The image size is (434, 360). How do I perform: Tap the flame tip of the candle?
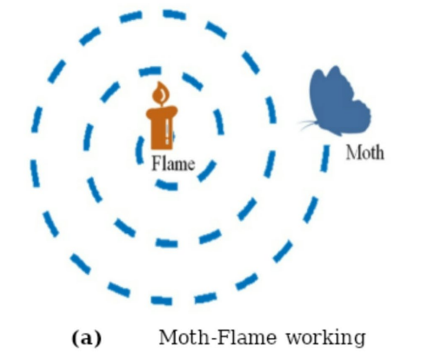click(x=159, y=83)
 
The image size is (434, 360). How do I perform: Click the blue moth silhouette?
click(x=337, y=101)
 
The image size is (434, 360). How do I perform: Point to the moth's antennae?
click(x=308, y=124)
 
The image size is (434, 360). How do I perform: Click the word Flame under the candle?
click(x=173, y=163)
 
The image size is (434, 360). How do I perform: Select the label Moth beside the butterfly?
click(x=365, y=152)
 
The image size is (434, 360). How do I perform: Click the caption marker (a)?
click(x=86, y=338)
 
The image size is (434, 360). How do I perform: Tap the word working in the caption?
click(x=326, y=338)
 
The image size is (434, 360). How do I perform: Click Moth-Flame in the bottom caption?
click(x=217, y=337)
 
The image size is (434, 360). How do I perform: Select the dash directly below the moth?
click(x=325, y=158)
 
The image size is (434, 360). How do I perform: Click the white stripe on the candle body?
click(x=167, y=132)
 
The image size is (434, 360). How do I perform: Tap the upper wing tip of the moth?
click(x=336, y=67)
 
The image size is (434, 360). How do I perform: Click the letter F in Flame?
click(x=157, y=163)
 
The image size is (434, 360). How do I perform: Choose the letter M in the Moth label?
click(x=353, y=152)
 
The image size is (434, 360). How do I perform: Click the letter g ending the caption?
click(x=359, y=340)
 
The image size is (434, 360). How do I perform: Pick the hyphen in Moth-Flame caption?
click(x=212, y=338)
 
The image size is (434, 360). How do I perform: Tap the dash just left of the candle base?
click(x=140, y=150)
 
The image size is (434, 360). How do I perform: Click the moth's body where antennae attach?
click(x=319, y=124)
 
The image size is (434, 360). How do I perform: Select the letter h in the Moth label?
click(x=379, y=152)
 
